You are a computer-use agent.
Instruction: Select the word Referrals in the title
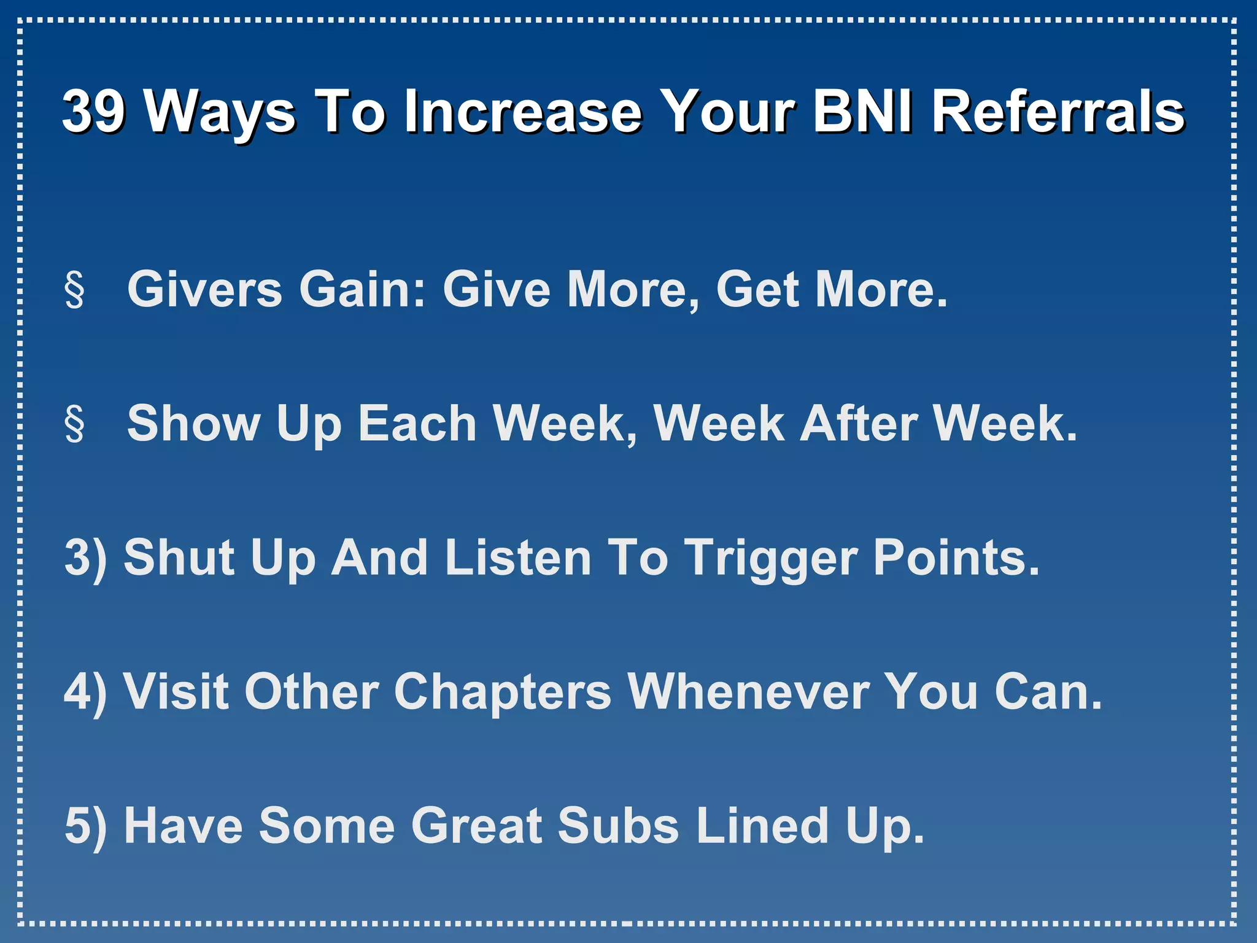[x=1058, y=111]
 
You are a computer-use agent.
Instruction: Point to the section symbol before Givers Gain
[x=74, y=290]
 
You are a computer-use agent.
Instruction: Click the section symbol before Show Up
[x=74, y=424]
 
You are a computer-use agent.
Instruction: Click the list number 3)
[x=85, y=557]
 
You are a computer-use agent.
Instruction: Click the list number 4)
[x=85, y=691]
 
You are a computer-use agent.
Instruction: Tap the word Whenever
[x=749, y=691]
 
